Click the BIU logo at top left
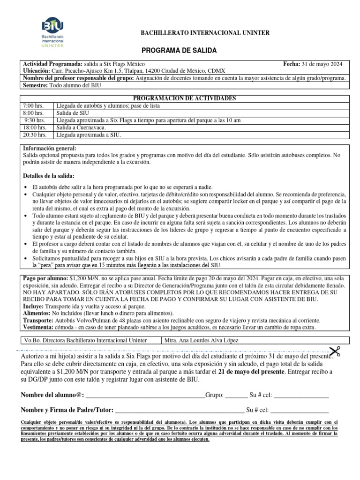click(52, 32)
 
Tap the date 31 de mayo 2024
click(322, 64)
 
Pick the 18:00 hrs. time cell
click(35, 127)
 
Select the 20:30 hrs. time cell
click(35, 135)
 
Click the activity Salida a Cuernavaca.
click(81, 127)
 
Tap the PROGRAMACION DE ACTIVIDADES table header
click(185, 98)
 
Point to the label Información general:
click(49, 148)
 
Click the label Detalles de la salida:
click(48, 175)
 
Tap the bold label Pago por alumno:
click(45, 278)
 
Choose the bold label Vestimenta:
click(40, 327)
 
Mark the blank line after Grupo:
click(236, 395)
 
